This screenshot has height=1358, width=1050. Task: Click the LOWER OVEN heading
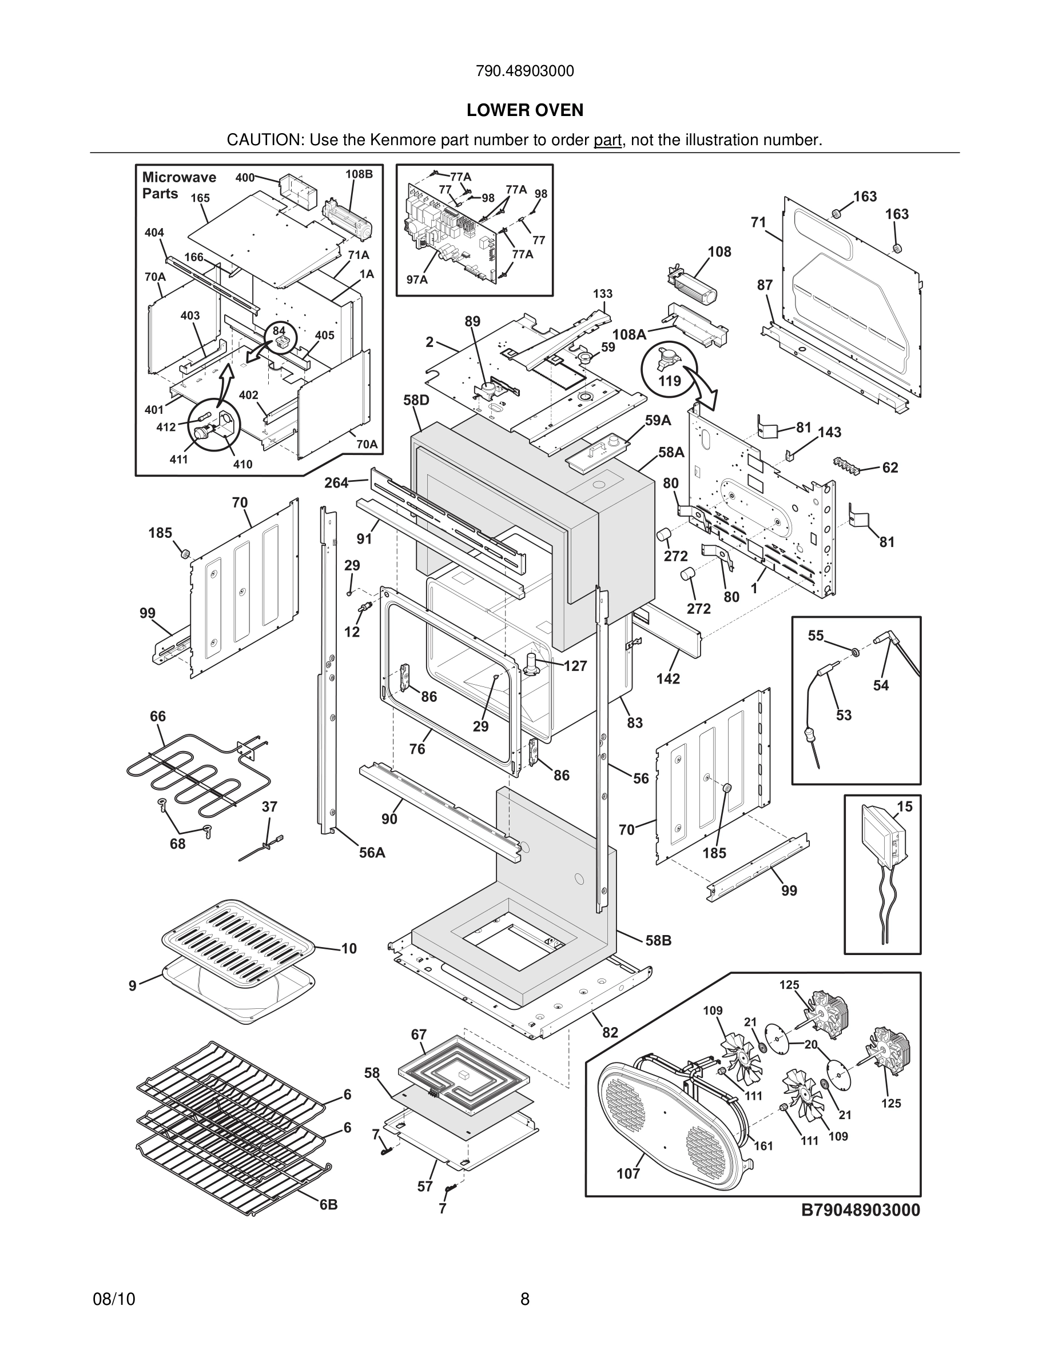coord(524,110)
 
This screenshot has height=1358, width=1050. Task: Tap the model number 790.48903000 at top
coord(524,71)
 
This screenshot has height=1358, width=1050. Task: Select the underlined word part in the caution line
coord(607,141)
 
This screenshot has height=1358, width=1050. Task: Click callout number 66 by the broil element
coord(157,716)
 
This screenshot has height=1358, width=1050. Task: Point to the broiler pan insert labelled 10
coord(240,943)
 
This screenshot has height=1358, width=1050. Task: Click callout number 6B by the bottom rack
coord(328,1204)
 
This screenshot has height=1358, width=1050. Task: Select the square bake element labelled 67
coord(464,1072)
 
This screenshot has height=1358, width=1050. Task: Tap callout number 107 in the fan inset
coord(629,1173)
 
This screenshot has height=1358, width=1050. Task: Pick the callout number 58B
coord(658,940)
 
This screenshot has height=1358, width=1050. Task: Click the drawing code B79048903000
coord(860,1210)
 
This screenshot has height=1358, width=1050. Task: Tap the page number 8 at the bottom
coord(524,1299)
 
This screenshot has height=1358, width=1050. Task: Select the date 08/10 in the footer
coord(114,1299)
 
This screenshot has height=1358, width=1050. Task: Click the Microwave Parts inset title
coord(178,185)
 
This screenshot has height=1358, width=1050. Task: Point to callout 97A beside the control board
coord(417,280)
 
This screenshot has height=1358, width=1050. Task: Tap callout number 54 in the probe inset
coord(881,685)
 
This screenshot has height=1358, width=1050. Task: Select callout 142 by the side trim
coord(668,678)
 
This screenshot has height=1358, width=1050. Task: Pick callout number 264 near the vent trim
coord(336,482)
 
